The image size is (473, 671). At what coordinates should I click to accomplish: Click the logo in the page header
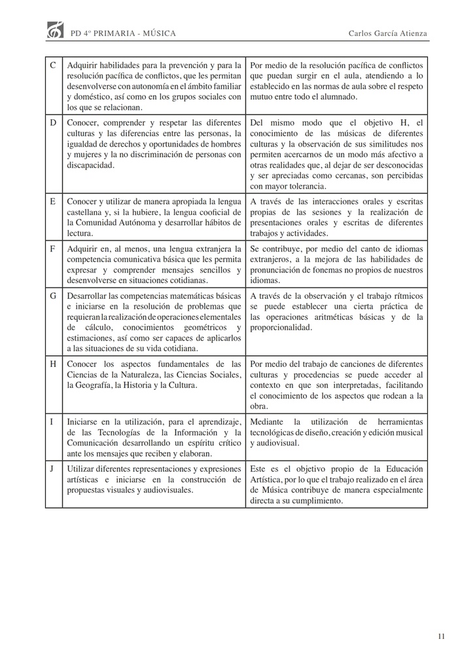click(55, 31)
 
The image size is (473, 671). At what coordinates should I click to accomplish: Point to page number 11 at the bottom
click(442, 636)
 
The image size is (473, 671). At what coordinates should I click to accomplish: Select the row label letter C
click(53, 66)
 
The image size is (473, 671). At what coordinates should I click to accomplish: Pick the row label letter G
click(53, 296)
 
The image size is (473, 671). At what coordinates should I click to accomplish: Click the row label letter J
click(52, 469)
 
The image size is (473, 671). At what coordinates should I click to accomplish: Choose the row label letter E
click(52, 201)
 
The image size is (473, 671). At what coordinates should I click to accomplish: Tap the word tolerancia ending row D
click(296, 186)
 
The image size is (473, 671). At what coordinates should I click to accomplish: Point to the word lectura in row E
click(80, 233)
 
